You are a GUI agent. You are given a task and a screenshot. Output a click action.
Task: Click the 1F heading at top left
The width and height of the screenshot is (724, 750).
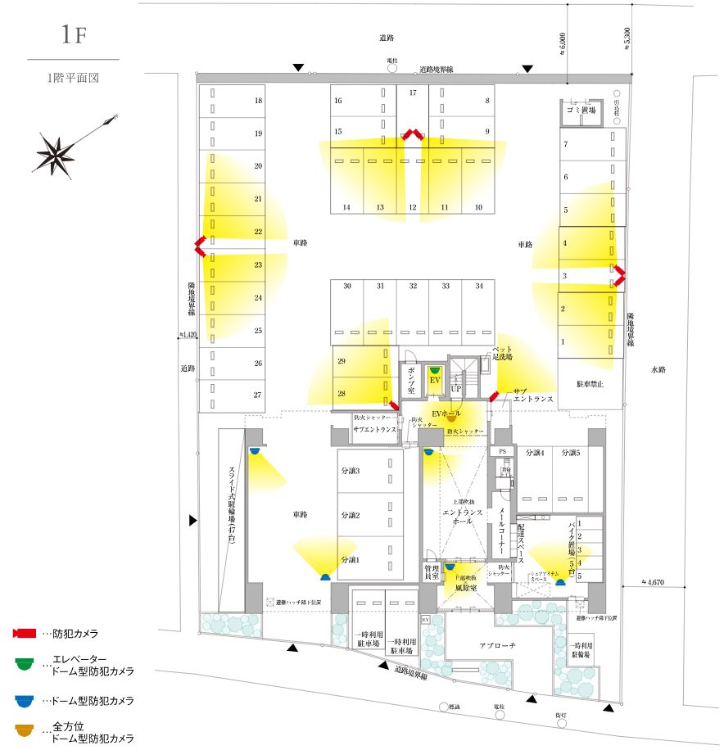73,34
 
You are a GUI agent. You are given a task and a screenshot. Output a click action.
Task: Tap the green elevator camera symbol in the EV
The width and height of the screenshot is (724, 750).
435,370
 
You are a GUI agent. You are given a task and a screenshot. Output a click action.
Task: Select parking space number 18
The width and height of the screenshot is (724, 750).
258,101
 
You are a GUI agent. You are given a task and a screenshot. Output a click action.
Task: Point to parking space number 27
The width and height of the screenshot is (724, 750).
257,395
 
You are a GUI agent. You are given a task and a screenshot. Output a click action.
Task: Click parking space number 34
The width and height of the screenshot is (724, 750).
478,286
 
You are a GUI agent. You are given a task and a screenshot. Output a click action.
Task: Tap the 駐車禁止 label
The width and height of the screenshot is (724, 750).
589,383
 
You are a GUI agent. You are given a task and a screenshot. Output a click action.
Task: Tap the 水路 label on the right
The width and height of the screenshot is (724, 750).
660,370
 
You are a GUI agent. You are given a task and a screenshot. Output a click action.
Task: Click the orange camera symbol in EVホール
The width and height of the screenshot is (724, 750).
450,418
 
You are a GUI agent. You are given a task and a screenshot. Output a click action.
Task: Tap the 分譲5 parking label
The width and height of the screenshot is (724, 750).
570,452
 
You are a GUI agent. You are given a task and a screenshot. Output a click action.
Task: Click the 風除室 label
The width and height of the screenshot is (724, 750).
466,587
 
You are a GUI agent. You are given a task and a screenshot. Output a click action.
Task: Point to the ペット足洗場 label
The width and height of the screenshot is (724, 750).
500,354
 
